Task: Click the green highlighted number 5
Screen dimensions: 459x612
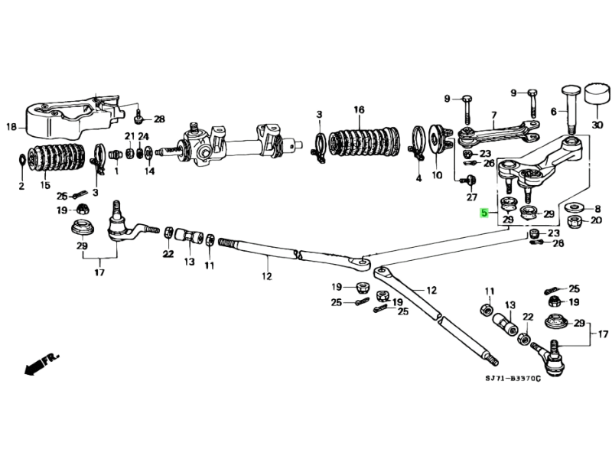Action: pos(483,213)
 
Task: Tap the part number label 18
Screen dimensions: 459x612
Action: pos(11,126)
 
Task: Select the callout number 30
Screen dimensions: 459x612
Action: pos(597,125)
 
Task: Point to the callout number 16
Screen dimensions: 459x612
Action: pos(359,110)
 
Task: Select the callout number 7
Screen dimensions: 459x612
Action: pos(493,116)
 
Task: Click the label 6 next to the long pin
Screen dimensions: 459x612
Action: pos(553,111)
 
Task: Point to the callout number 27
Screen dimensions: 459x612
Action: pos(472,197)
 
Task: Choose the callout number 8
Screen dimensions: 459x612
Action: pos(597,207)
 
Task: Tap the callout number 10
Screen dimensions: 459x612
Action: pos(437,175)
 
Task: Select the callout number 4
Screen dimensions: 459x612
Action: pos(418,178)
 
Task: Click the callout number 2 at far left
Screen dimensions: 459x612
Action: pos(21,186)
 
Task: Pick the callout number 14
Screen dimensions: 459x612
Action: pos(149,171)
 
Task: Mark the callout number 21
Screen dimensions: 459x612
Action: pos(129,136)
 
